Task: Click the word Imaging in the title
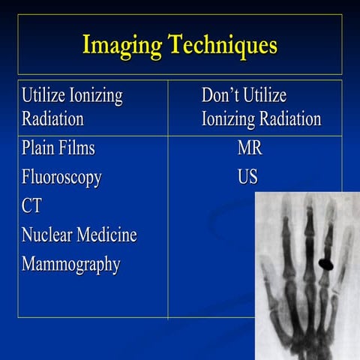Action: point(123,45)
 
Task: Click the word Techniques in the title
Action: point(223,45)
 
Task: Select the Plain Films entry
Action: point(58,148)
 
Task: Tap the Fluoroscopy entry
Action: point(61,178)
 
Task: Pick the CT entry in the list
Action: point(32,207)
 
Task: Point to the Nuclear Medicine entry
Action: point(79,235)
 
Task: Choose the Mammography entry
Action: point(71,265)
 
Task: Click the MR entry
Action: point(250,148)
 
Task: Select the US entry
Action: point(247,178)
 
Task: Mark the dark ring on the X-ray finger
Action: point(326,263)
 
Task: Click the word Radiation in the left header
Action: point(52,119)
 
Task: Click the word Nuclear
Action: point(46,235)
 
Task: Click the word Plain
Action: point(38,148)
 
